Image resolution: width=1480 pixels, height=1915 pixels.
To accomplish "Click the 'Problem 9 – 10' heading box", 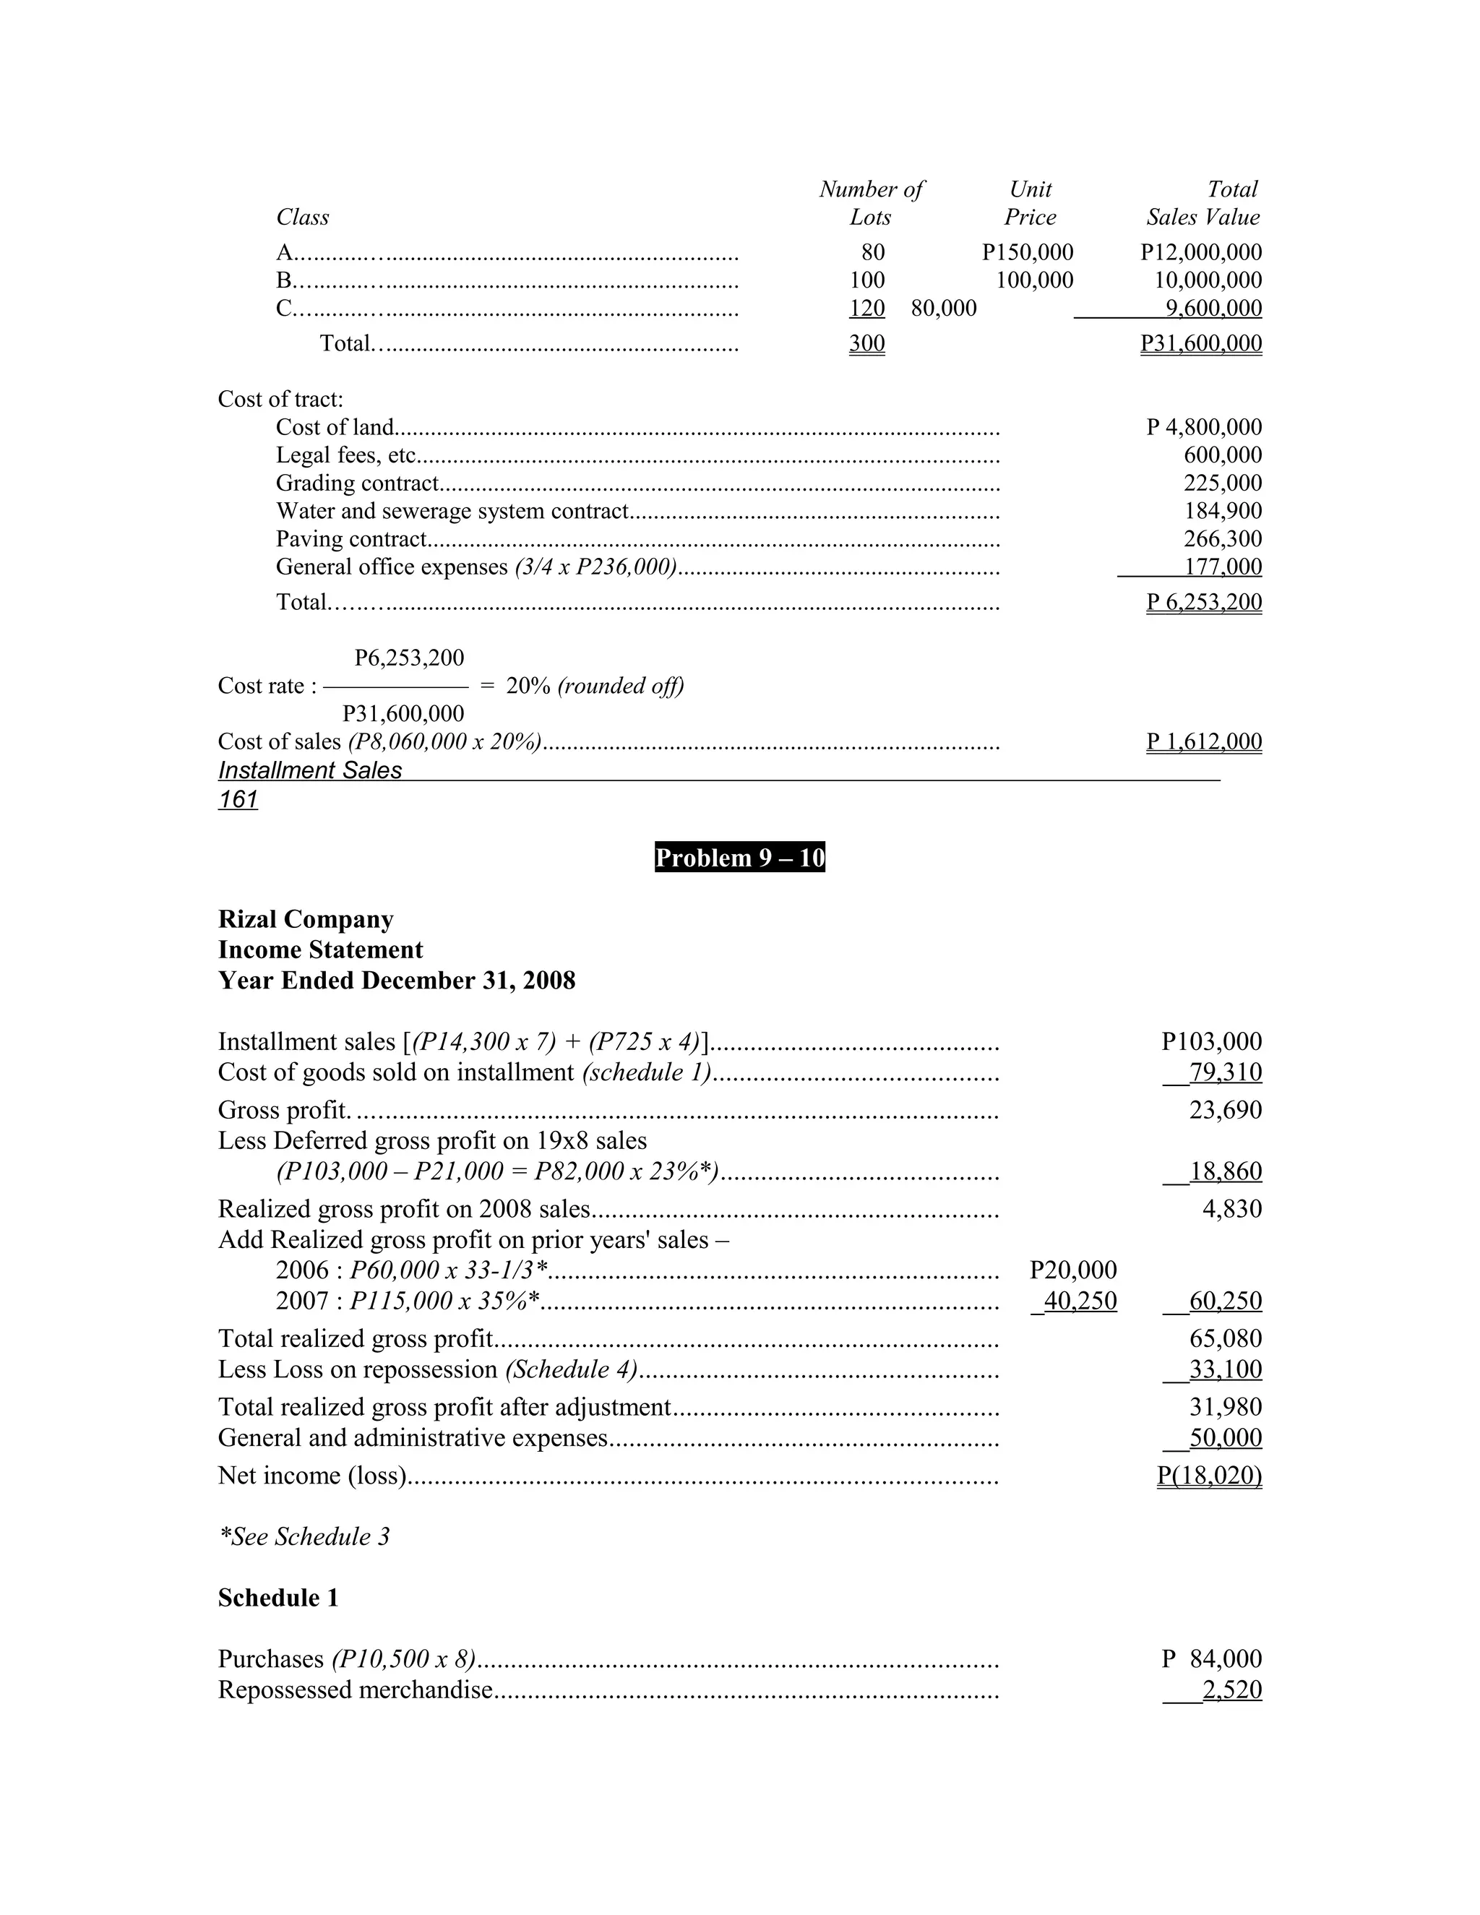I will (739, 858).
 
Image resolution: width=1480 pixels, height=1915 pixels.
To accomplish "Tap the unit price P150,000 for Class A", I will (1027, 252).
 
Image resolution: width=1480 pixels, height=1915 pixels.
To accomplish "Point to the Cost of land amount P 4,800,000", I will (1204, 427).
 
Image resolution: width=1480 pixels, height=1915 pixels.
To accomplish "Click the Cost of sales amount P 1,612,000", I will (1204, 742).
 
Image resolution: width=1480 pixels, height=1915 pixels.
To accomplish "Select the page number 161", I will (238, 800).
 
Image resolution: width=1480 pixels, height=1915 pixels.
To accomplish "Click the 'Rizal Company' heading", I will (305, 919).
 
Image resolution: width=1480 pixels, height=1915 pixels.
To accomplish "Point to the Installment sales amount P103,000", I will (1211, 1041).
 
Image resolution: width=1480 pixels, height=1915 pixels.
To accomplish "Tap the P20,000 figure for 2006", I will (1072, 1270).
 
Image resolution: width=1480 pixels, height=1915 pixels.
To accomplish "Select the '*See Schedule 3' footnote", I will (304, 1536).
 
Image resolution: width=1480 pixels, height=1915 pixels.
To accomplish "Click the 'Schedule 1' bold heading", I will (278, 1598).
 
